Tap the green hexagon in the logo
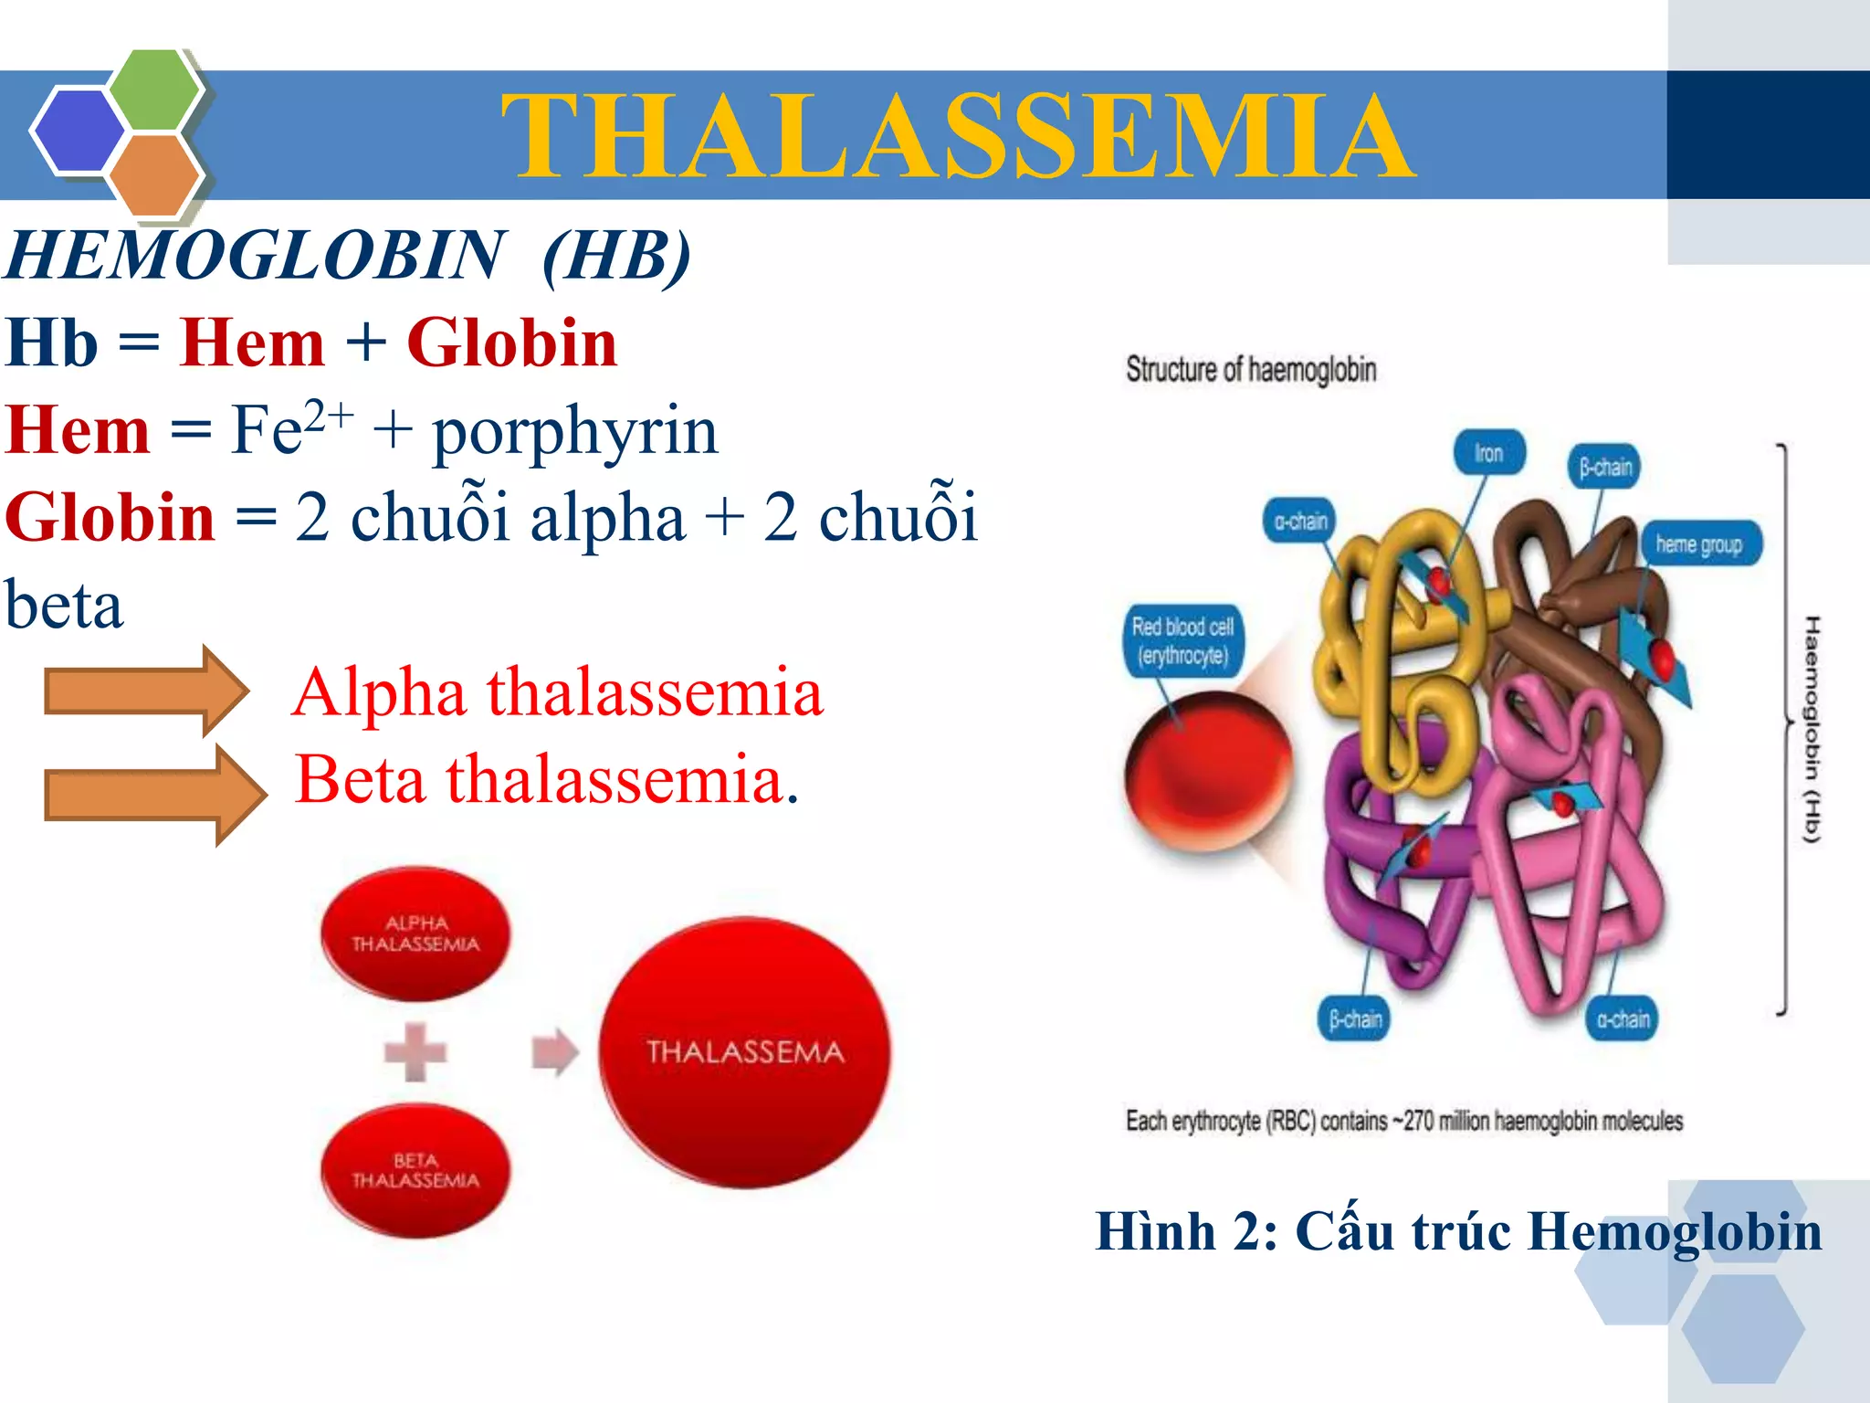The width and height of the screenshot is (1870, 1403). pyautogui.click(x=155, y=89)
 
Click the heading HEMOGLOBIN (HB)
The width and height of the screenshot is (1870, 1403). pyautogui.click(x=347, y=256)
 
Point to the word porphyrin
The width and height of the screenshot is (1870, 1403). pyautogui.click(x=575, y=431)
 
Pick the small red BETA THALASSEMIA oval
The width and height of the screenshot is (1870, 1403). pyautogui.click(x=415, y=1171)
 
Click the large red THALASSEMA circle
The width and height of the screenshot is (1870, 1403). pyautogui.click(x=745, y=1052)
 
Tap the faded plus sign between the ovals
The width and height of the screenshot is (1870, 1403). pyautogui.click(x=415, y=1052)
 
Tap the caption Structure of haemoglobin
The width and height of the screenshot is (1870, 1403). pyautogui.click(x=1251, y=370)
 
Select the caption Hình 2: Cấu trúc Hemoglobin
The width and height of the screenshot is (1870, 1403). pyautogui.click(x=1458, y=1231)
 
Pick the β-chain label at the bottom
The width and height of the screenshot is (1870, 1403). pyautogui.click(x=1355, y=1019)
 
